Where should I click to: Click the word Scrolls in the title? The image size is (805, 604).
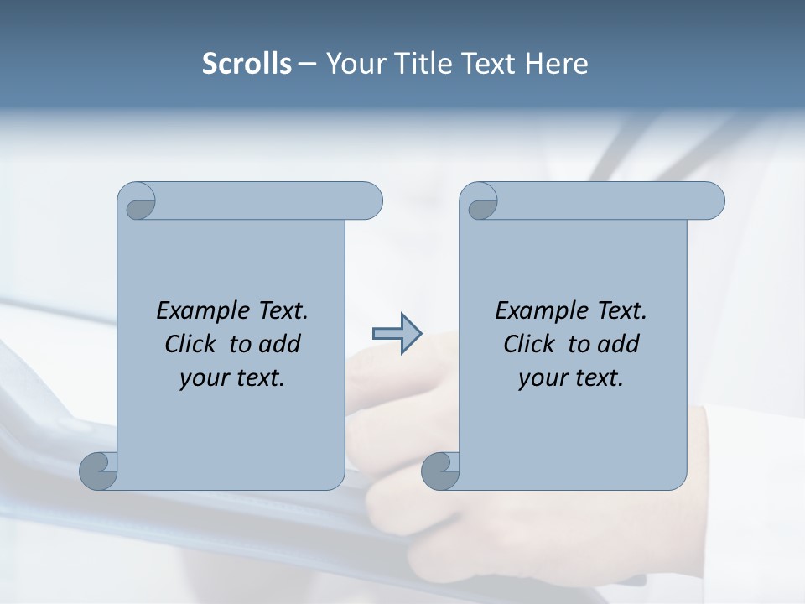click(x=247, y=64)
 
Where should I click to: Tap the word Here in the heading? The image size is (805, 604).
click(x=556, y=64)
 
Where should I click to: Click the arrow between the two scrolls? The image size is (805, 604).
click(x=397, y=334)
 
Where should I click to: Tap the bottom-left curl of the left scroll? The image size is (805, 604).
click(x=98, y=470)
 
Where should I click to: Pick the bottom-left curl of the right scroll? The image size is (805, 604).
click(x=440, y=470)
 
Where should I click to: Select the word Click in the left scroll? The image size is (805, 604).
click(x=192, y=344)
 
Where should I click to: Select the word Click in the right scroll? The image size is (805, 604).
click(x=530, y=344)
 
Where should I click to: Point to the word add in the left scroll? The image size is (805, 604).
click(x=281, y=344)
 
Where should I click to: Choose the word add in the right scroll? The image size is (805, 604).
click(x=620, y=344)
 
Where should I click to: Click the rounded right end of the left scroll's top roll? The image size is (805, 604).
click(x=370, y=201)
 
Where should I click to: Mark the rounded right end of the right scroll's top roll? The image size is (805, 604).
click(x=712, y=201)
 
